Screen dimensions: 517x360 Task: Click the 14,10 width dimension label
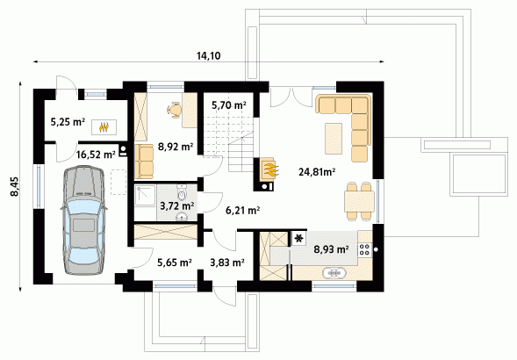click(208, 56)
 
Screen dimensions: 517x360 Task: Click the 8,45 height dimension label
click(15, 187)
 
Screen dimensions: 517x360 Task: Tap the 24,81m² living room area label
click(317, 171)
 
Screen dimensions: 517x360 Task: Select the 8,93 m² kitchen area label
click(331, 249)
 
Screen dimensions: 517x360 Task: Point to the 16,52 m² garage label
click(96, 154)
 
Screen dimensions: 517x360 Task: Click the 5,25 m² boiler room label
click(68, 122)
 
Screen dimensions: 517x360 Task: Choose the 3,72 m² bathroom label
click(176, 206)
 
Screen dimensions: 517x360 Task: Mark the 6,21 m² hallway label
click(242, 210)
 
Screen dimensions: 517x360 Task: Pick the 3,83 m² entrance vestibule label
click(227, 263)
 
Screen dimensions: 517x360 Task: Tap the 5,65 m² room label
click(175, 263)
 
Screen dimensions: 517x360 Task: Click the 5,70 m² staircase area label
click(229, 105)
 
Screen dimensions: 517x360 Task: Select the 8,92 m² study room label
click(176, 147)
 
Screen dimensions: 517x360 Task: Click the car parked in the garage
click(83, 220)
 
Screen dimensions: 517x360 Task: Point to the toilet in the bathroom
click(182, 191)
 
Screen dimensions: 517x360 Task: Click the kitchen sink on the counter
click(334, 273)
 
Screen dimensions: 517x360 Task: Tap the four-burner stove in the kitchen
click(364, 249)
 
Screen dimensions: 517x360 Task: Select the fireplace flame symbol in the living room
click(269, 169)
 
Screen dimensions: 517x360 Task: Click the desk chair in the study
click(174, 110)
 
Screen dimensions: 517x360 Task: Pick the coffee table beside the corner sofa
click(334, 138)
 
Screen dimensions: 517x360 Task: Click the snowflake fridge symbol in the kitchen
click(299, 238)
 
